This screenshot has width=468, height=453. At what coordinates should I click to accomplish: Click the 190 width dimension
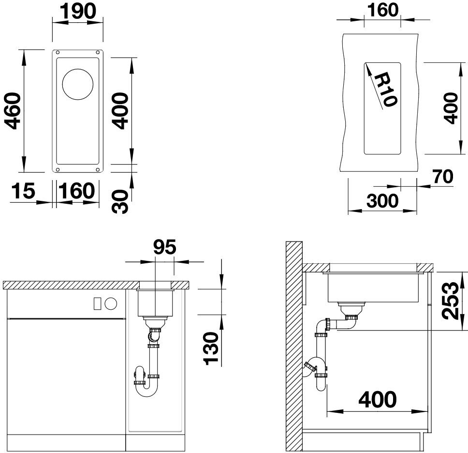coord(78,11)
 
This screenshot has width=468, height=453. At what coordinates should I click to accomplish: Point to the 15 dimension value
coord(23,191)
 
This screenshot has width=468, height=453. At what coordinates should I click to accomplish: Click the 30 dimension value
coord(120,201)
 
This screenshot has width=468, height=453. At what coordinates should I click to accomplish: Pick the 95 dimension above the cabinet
coord(165,247)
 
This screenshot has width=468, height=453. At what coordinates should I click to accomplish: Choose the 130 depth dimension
coord(211,348)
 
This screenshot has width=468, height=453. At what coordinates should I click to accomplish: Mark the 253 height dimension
coord(450,301)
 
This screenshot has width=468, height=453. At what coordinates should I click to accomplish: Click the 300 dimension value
coord(382,201)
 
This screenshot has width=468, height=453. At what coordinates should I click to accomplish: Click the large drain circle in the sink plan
coord(78,84)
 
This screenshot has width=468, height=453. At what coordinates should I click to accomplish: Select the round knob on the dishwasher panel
coord(111,304)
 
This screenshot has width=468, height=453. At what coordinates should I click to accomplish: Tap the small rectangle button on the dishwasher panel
coord(97,303)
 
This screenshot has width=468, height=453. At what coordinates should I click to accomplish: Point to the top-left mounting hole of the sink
coord(58,53)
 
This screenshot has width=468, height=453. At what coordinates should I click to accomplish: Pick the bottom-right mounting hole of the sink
coord(98,170)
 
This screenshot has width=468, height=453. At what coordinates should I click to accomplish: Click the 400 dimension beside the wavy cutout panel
coord(451,108)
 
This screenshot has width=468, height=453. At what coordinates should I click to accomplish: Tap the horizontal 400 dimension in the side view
coord(378,399)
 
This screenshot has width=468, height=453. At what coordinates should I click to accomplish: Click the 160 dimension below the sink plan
coord(77,191)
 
